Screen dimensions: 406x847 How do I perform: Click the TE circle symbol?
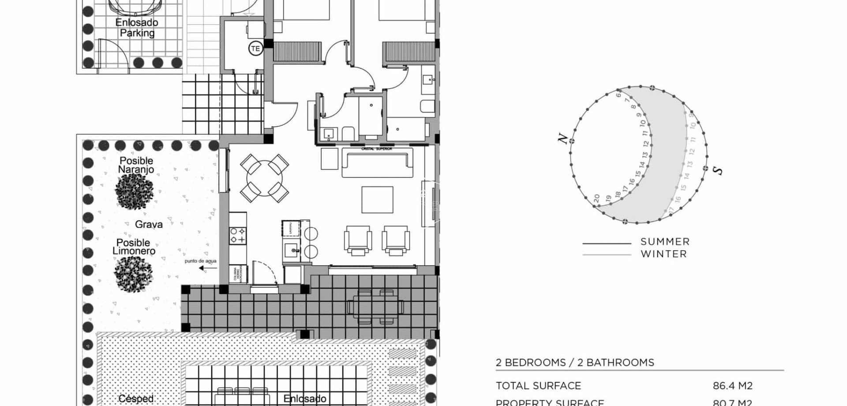[x=255, y=49]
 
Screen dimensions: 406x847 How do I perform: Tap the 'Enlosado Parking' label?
[x=137, y=27]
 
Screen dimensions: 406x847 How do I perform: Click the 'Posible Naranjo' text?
[x=136, y=165]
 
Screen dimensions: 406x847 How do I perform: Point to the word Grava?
[x=149, y=224]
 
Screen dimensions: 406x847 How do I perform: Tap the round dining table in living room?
[x=264, y=178]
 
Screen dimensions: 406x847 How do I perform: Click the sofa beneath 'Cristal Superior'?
[x=377, y=163]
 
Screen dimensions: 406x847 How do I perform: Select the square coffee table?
[x=377, y=199]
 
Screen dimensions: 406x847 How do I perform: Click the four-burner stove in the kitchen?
[x=237, y=235]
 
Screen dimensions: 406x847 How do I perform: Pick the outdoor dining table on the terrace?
[x=375, y=306]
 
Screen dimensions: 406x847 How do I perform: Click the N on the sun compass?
[x=562, y=139]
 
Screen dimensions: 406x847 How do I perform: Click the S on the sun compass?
[x=718, y=170]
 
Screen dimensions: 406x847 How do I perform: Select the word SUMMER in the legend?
[x=665, y=242]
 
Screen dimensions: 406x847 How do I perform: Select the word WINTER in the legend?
[x=663, y=254]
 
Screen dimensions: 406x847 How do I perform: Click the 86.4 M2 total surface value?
[x=732, y=386]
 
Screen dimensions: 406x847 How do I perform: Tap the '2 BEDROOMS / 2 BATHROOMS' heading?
[x=575, y=363]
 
